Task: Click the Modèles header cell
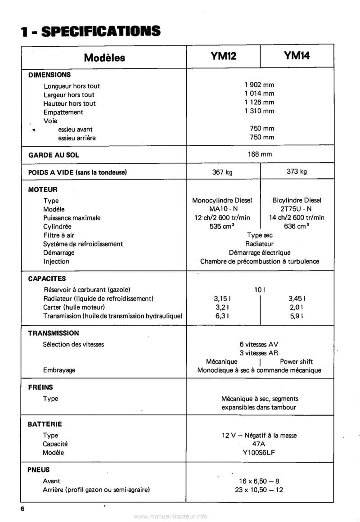click(x=104, y=58)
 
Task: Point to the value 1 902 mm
click(x=259, y=85)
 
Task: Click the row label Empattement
click(x=63, y=112)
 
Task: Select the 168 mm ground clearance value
click(x=260, y=154)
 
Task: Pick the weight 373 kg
click(x=297, y=171)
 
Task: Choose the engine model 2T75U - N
click(x=297, y=209)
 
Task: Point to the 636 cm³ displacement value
click(x=297, y=226)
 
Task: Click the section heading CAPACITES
click(x=47, y=279)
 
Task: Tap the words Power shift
click(x=296, y=361)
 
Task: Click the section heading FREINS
click(x=40, y=387)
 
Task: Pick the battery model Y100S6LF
click(x=259, y=452)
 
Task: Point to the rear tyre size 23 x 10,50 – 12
click(x=259, y=490)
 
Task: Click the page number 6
click(x=22, y=508)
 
